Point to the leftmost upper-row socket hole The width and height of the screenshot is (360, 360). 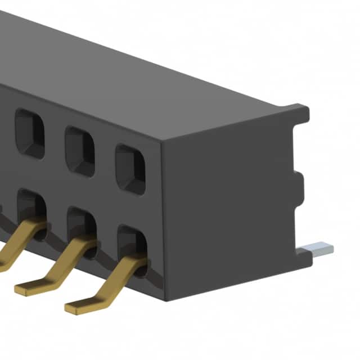(29, 133)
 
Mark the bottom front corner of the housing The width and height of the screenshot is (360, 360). (166, 298)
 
